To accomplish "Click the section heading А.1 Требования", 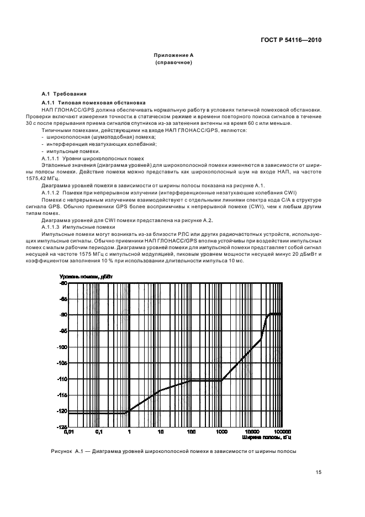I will (64, 94).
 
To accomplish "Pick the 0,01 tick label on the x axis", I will (68, 432).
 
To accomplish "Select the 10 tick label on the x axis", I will (160, 432).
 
